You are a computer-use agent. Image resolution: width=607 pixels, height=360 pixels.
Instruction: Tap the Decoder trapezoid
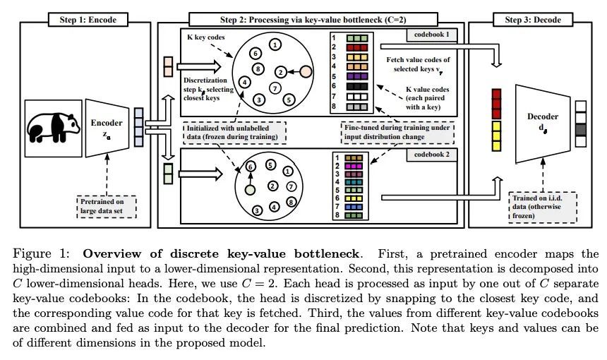click(542, 117)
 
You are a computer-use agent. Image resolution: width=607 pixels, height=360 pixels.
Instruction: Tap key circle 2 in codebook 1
click(281, 71)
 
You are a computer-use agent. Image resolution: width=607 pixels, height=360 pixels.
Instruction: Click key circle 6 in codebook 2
click(249, 166)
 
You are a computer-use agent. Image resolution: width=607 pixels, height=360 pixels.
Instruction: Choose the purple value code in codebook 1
click(354, 76)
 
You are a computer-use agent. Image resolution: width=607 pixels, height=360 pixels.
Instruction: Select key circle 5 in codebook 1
click(288, 100)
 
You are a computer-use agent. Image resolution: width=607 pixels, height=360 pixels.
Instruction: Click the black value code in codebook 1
click(354, 85)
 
